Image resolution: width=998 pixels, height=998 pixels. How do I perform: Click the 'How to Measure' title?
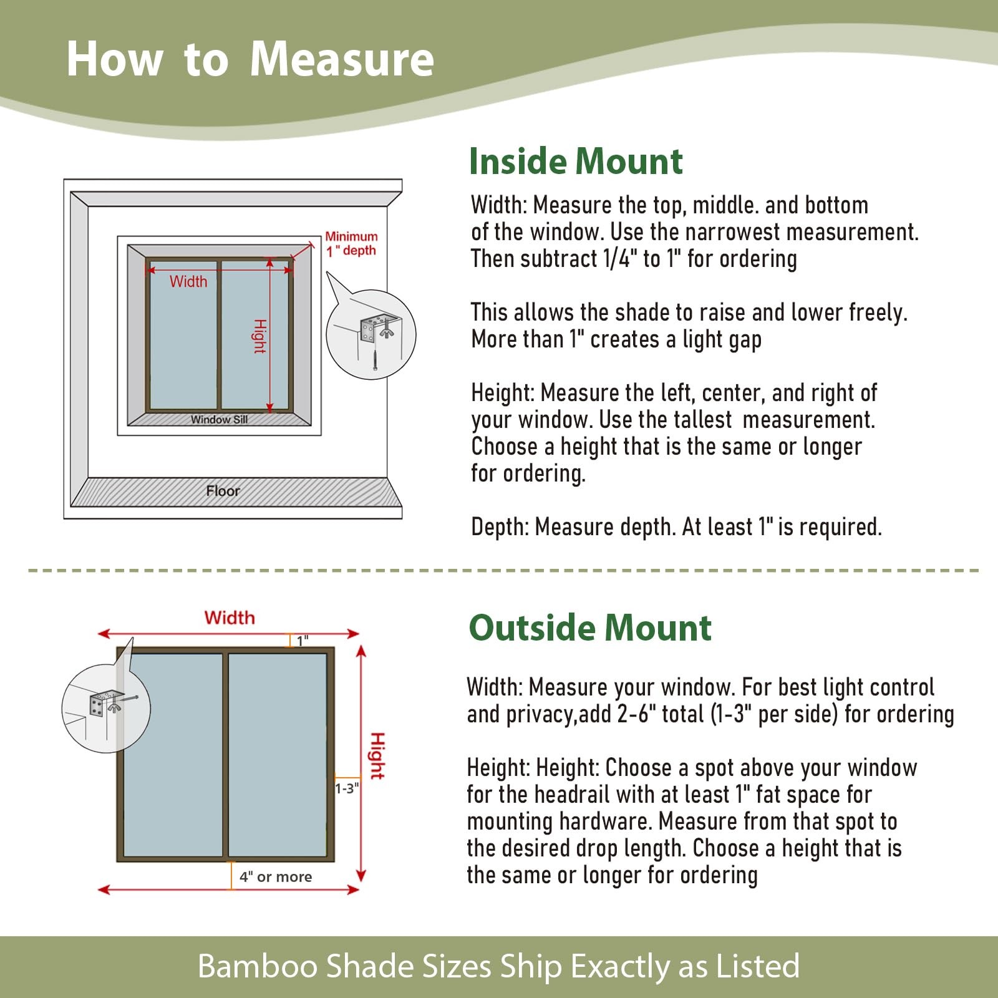point(250,59)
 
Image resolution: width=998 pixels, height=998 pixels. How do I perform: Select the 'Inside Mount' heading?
point(576,162)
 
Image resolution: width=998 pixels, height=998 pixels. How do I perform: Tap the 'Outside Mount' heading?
point(590,627)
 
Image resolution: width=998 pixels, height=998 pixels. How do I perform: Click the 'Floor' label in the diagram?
point(223,491)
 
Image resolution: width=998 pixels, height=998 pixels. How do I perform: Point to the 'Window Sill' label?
point(219,419)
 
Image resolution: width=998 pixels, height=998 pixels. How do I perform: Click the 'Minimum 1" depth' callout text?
point(351,243)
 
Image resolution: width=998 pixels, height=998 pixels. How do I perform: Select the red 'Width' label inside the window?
point(188,281)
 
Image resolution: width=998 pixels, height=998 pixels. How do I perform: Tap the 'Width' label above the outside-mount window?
point(230,618)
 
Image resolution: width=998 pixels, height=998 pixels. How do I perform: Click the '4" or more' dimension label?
point(276,876)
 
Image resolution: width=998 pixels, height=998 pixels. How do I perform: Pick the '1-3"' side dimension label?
point(347,788)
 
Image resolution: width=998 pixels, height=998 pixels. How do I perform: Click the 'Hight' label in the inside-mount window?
point(259,336)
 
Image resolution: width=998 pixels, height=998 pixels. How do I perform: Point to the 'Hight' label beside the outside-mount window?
point(377,756)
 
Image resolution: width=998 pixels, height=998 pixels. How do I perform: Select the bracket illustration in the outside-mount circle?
point(107,704)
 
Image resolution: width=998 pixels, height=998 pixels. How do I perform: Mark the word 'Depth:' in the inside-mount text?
point(500,528)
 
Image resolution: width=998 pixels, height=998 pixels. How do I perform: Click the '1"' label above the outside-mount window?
point(303,641)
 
